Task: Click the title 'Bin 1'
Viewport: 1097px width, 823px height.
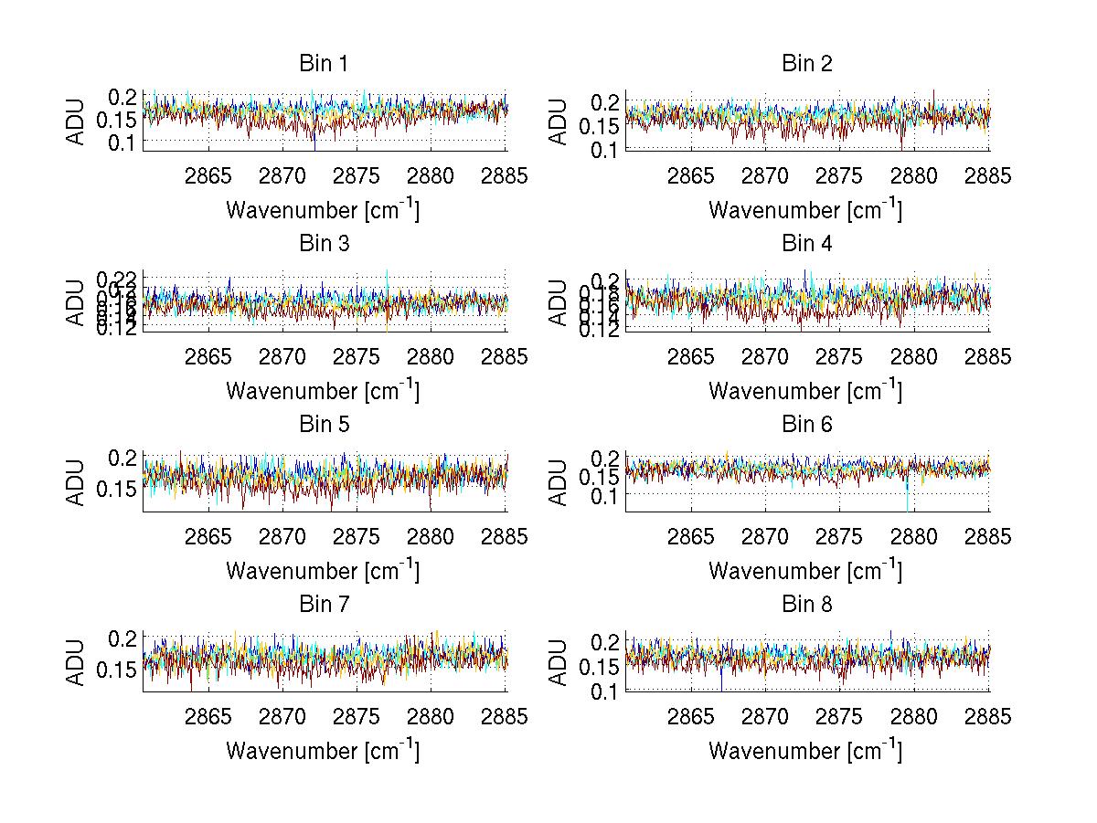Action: tap(323, 64)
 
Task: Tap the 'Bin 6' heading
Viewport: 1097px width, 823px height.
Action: tap(806, 425)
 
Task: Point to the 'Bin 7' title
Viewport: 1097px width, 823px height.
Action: tap(323, 605)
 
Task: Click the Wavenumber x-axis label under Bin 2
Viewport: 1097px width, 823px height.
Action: tap(805, 211)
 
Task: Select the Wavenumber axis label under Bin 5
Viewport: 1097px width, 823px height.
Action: tap(323, 572)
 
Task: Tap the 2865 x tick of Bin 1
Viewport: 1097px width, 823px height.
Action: tap(209, 176)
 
